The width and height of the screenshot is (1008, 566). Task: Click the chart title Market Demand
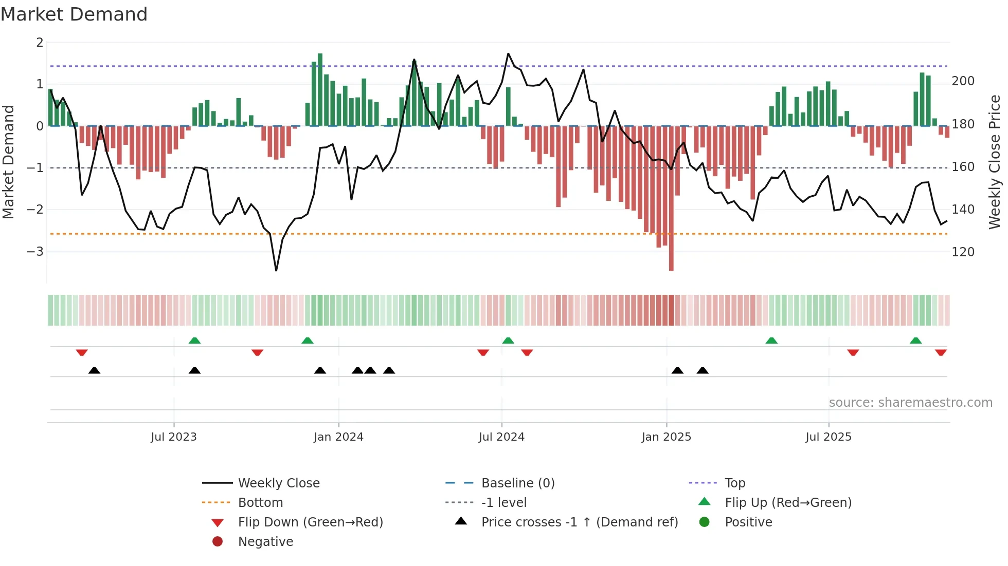pyautogui.click(x=74, y=14)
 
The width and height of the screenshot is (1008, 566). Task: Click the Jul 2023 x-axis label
pyautogui.click(x=174, y=437)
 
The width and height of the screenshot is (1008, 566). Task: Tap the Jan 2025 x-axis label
pyautogui.click(x=667, y=437)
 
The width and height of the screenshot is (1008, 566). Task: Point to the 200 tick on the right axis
pyautogui.click(x=963, y=81)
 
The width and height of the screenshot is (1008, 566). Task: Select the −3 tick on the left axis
pyautogui.click(x=35, y=252)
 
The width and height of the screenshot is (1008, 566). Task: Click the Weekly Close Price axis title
pyautogui.click(x=995, y=162)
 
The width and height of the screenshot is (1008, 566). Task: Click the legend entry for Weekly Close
pyautogui.click(x=279, y=483)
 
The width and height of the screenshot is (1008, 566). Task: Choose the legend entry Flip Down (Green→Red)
pyautogui.click(x=310, y=522)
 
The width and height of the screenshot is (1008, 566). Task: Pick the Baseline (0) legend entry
pyautogui.click(x=518, y=483)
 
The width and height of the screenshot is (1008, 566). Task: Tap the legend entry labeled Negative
pyautogui.click(x=265, y=542)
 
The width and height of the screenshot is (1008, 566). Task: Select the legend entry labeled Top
pyautogui.click(x=735, y=483)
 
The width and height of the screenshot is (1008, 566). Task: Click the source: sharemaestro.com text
pyautogui.click(x=910, y=403)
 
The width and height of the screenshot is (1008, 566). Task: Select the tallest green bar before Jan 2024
pyautogui.click(x=320, y=90)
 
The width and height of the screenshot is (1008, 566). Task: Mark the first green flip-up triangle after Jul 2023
pyautogui.click(x=194, y=341)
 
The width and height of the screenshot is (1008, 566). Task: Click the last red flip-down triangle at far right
pyautogui.click(x=941, y=353)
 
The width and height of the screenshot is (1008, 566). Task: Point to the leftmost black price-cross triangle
pyautogui.click(x=94, y=370)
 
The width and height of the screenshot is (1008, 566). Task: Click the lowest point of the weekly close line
pyautogui.click(x=276, y=270)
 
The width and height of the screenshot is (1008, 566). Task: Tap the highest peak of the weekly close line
pyautogui.click(x=508, y=53)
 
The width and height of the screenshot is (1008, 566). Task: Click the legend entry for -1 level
pyautogui.click(x=504, y=503)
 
